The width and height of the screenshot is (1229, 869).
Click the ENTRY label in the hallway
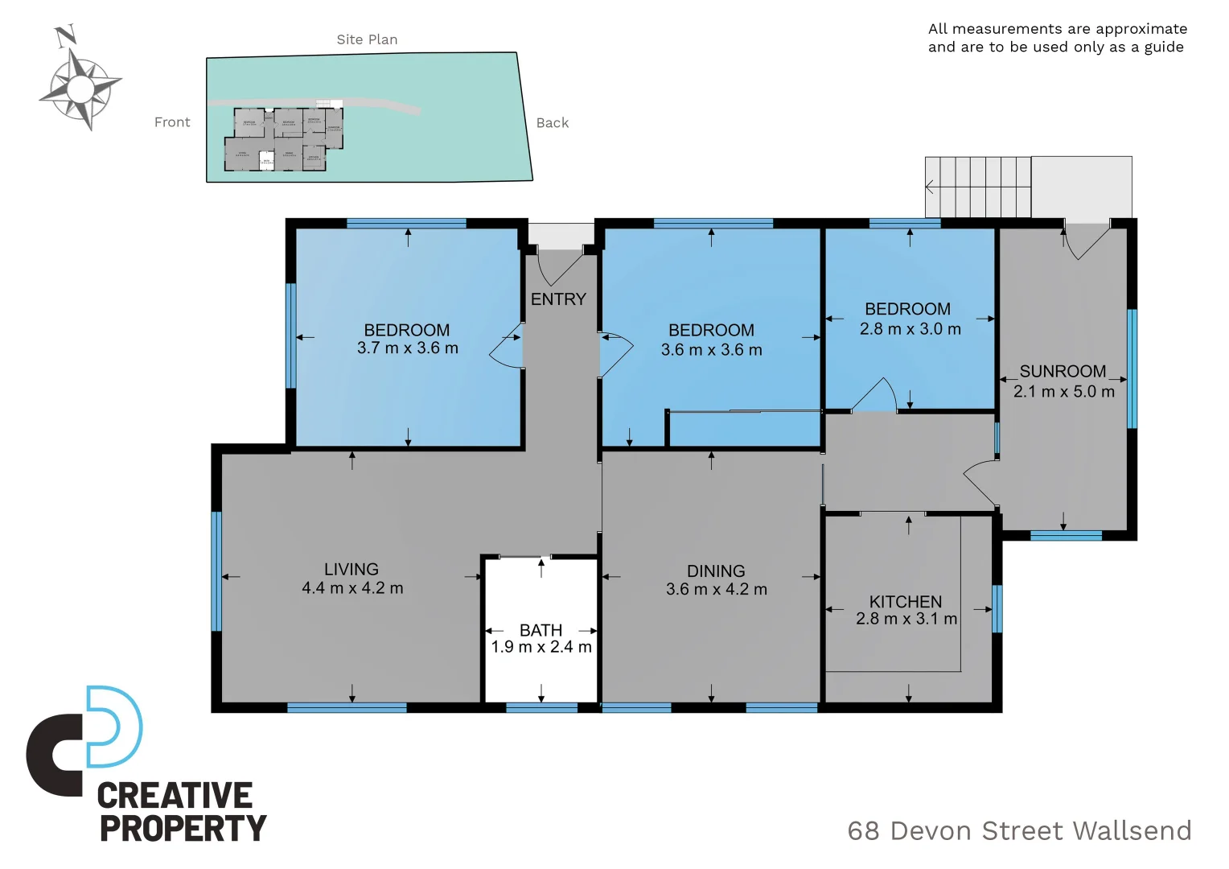pyautogui.click(x=558, y=299)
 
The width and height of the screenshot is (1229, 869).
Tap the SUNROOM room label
pyautogui.click(x=1063, y=372)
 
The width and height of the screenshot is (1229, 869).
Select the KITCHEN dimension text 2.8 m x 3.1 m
pyautogui.click(x=906, y=620)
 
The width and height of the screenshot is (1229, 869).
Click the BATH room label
pyautogui.click(x=541, y=630)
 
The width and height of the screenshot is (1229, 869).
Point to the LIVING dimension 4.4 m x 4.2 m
pyautogui.click(x=352, y=588)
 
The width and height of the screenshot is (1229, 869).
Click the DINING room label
pyautogui.click(x=716, y=571)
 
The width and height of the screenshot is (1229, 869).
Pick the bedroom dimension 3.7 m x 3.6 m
pyautogui.click(x=408, y=348)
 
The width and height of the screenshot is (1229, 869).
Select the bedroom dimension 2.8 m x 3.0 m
pyautogui.click(x=910, y=329)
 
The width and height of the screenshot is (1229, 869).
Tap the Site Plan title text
pyautogui.click(x=367, y=39)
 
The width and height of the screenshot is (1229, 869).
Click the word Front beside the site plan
pyautogui.click(x=172, y=122)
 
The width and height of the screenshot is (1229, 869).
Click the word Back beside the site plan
pyautogui.click(x=553, y=123)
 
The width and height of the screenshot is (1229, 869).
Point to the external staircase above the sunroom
pyautogui.click(x=978, y=187)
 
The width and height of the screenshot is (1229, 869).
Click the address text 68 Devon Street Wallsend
pyautogui.click(x=1019, y=830)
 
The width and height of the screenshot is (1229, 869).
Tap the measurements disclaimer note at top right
pyautogui.click(x=1057, y=38)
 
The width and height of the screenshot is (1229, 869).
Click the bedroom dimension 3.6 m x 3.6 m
pyautogui.click(x=711, y=350)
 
